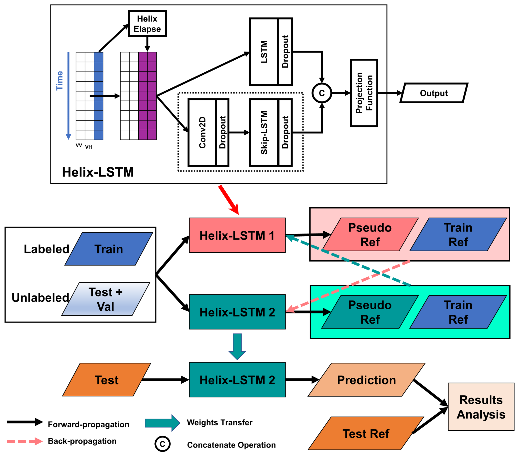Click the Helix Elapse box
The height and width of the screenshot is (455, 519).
click(x=147, y=24)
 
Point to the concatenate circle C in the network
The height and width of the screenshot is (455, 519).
click(x=322, y=93)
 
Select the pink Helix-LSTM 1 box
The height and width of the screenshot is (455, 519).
click(x=237, y=235)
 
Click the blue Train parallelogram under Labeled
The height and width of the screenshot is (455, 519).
click(x=109, y=249)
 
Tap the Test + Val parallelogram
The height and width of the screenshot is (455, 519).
click(x=105, y=299)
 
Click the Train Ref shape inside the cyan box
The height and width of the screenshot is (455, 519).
click(x=458, y=312)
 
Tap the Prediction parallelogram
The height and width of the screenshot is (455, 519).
click(x=366, y=380)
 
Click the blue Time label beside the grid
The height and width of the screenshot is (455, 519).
click(x=60, y=81)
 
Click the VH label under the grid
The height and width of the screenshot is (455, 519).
click(x=88, y=147)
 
